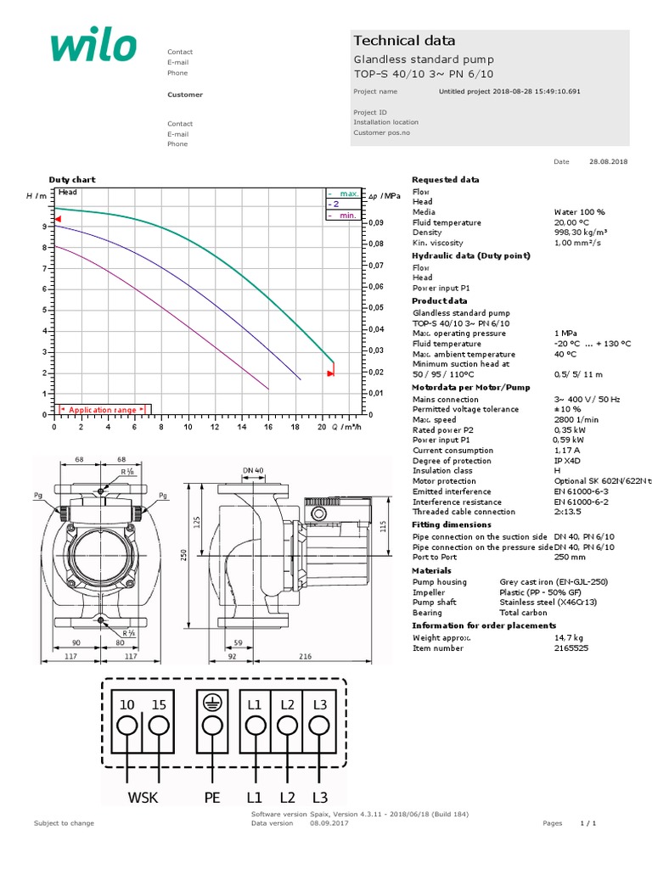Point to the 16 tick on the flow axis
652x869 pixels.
[x=268, y=429]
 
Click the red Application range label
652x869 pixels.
[x=102, y=410]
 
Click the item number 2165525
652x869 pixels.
[x=570, y=648]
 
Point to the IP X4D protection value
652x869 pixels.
[x=566, y=461]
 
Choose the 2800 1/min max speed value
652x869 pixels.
[x=574, y=420]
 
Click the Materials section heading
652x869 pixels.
[x=431, y=571]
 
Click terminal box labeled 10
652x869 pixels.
[x=127, y=704]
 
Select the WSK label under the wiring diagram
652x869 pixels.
[x=143, y=798]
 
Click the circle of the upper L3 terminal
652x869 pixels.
[x=319, y=726]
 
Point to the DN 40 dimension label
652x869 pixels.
[x=253, y=470]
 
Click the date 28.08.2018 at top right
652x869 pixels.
[x=608, y=161]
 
